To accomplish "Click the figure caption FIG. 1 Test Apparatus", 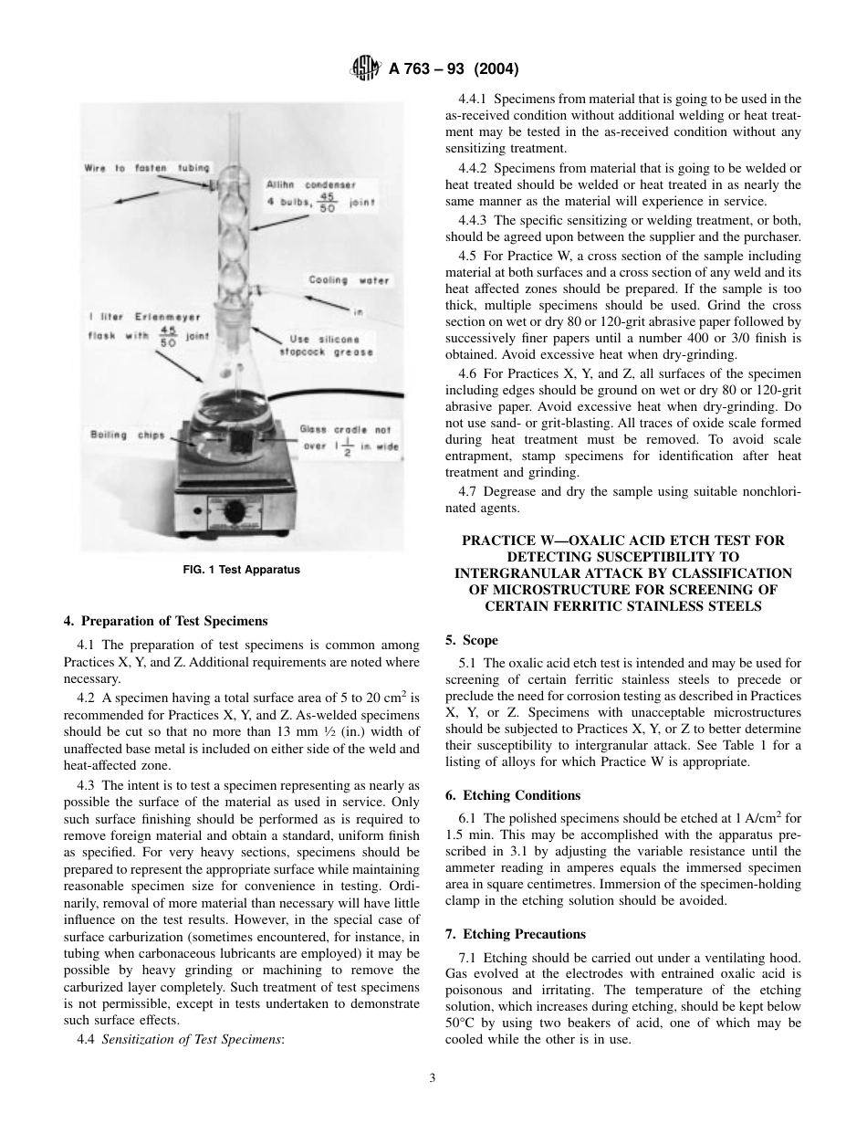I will click(242, 570).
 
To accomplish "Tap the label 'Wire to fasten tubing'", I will click(146, 168).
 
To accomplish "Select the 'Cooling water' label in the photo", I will click(349, 280).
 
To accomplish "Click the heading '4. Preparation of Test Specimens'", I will click(165, 621).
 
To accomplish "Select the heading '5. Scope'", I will click(472, 640).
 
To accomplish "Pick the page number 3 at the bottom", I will click(433, 1077).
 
